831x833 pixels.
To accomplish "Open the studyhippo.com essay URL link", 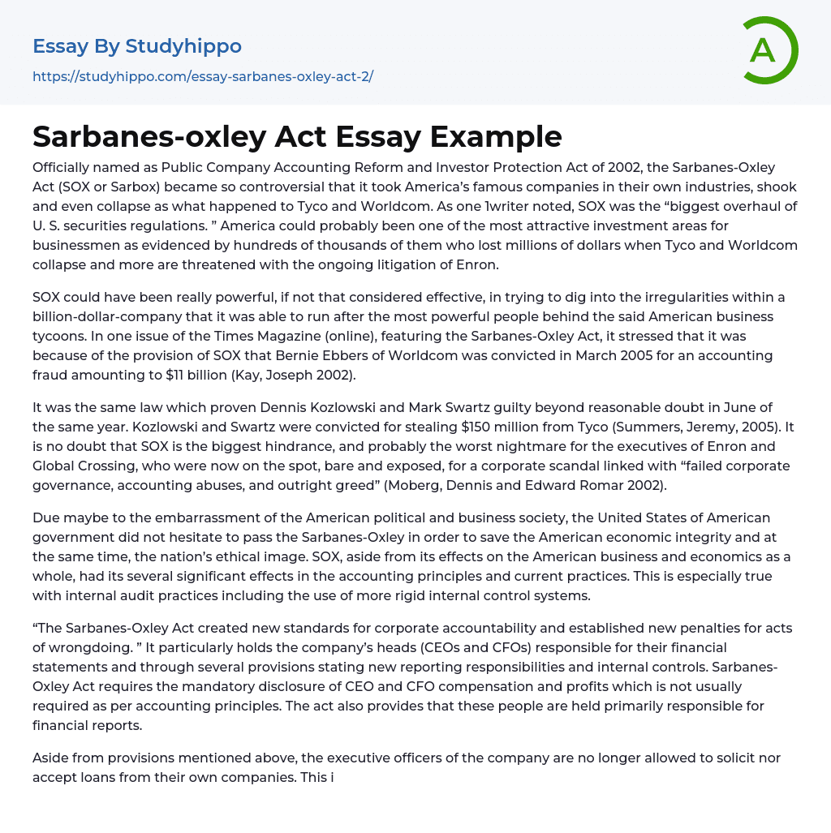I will tap(203, 77).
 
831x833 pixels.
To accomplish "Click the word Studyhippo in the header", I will tap(183, 46).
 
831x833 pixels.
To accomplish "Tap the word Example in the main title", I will tap(496, 136).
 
